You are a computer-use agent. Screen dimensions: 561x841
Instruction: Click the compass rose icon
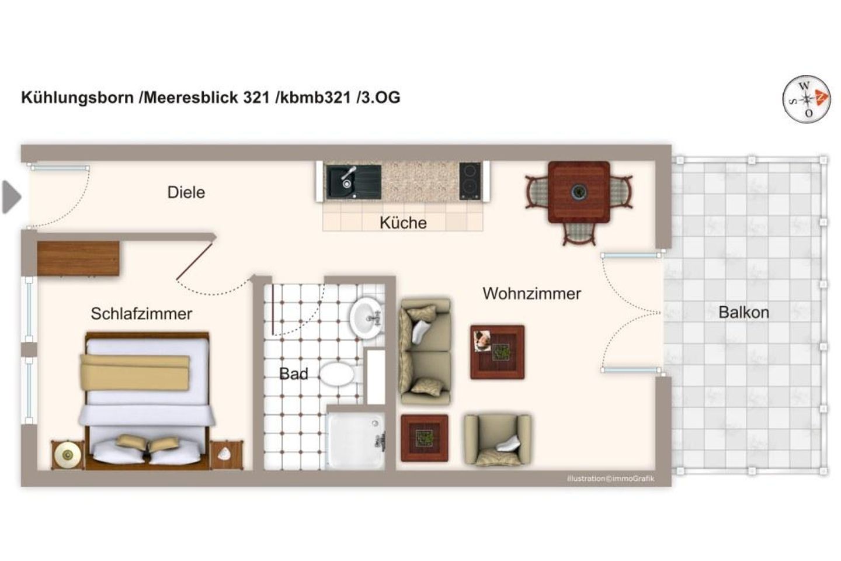coord(807,99)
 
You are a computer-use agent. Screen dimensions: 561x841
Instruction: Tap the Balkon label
coord(743,312)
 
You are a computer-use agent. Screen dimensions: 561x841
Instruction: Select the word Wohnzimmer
coord(531,293)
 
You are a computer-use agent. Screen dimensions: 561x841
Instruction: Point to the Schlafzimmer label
coord(141,314)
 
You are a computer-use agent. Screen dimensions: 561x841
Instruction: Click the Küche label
coord(403,223)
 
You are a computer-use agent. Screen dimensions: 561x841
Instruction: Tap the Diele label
coord(186,192)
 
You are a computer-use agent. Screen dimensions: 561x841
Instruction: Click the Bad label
coord(293,374)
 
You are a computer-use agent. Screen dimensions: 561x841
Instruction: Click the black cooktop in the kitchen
coord(470,181)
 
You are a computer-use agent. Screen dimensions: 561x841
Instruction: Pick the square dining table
coord(579,192)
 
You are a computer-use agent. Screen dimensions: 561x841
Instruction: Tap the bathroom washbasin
coord(367,317)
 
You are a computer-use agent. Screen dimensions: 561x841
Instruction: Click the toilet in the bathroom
coord(337,374)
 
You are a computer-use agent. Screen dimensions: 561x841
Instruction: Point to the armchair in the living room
coord(497,439)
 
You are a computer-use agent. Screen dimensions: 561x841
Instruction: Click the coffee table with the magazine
coord(497,352)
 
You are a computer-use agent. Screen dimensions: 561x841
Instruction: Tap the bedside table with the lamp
coord(68,455)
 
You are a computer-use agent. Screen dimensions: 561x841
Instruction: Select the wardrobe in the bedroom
coord(78,258)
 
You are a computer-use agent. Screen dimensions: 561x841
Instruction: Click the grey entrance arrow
coord(11,197)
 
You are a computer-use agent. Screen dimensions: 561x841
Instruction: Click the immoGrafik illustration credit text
coord(610,479)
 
